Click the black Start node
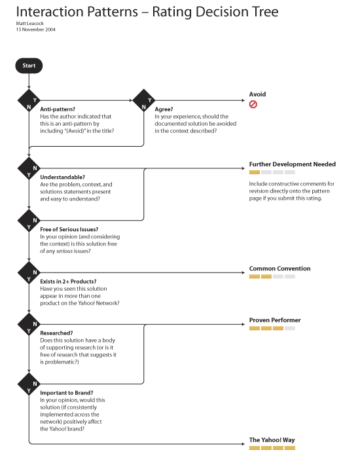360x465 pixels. [x=29, y=65]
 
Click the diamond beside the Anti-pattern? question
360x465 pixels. [x=29, y=101]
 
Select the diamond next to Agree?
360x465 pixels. [x=144, y=101]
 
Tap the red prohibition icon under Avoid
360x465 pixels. [x=253, y=104]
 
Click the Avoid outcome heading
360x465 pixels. [x=257, y=94]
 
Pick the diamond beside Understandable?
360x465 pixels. [x=29, y=168]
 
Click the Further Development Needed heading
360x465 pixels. [x=292, y=164]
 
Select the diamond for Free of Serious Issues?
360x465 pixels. [x=29, y=220]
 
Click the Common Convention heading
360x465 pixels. [x=279, y=269]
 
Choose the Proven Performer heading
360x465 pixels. [x=275, y=320]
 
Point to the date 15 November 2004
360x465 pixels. [x=35, y=29]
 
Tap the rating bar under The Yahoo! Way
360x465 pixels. [x=272, y=448]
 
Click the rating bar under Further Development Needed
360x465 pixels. [x=272, y=172]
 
